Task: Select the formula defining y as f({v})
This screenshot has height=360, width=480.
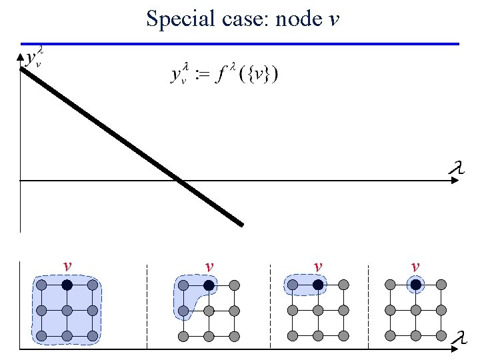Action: (x=225, y=73)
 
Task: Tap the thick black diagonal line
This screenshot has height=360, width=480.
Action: (x=133, y=147)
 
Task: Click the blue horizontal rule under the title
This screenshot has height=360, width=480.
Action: (x=240, y=44)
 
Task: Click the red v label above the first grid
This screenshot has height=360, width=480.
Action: (x=67, y=267)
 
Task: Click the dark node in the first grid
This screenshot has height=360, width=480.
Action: (x=67, y=285)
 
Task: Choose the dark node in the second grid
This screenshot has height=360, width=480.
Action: (x=209, y=285)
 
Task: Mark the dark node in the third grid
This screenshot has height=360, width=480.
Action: (x=319, y=285)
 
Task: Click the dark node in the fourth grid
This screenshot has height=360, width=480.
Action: (x=415, y=285)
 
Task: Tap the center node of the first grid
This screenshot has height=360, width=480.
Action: (x=67, y=311)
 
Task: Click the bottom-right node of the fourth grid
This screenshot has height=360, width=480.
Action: (x=440, y=335)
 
